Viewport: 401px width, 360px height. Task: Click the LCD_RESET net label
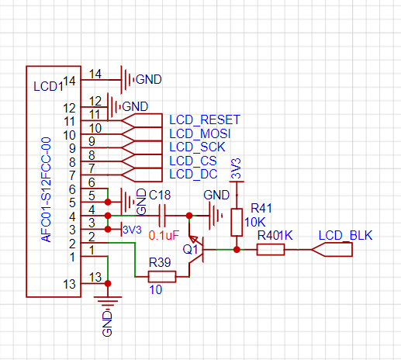tap(205, 119)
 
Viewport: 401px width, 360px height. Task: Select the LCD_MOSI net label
tap(199, 133)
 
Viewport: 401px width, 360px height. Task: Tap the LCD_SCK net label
tap(197, 147)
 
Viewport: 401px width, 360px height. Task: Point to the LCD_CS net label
tap(193, 161)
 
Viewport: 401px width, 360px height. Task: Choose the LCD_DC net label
tap(193, 174)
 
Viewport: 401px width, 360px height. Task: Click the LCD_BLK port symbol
tap(332, 250)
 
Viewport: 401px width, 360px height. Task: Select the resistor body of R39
tap(162, 277)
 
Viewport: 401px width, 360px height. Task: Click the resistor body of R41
tap(237, 222)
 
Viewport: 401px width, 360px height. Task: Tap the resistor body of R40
tap(271, 250)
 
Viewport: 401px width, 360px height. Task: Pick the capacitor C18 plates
tap(162, 216)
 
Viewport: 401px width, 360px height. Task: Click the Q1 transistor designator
tap(190, 250)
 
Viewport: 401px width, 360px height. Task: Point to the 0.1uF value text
tap(164, 235)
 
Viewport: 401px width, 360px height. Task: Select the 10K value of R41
tap(255, 222)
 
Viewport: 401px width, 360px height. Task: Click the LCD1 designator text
tap(48, 86)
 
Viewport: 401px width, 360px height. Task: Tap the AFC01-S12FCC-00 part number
tap(47, 189)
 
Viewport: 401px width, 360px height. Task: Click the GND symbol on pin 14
tap(128, 80)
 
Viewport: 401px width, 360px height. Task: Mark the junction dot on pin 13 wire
tap(108, 284)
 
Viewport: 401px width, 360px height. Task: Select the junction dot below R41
tap(237, 250)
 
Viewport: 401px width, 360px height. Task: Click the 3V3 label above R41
tap(236, 169)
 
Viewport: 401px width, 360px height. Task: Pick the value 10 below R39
tap(156, 290)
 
